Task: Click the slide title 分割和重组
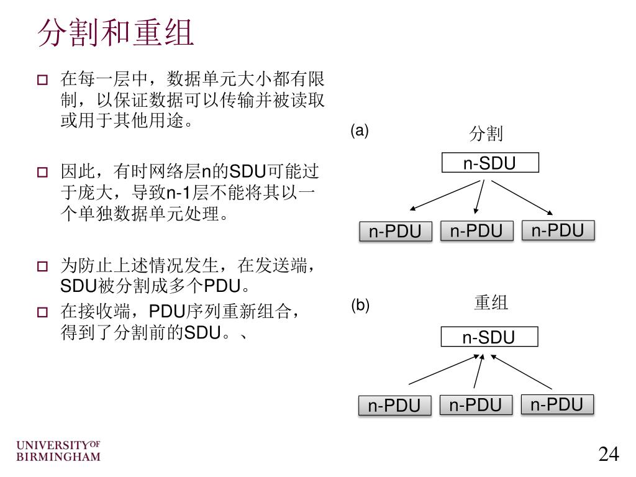coord(116,32)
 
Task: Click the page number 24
coord(609,455)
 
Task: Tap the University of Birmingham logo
coord(58,452)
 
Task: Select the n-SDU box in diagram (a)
coord(490,163)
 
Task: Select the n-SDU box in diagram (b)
coord(489,337)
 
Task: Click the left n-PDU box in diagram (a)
coord(396,232)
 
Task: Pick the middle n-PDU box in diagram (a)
coord(476,231)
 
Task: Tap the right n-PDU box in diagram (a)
coord(558,230)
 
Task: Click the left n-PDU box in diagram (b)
coord(395,406)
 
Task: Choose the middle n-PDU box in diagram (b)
coord(476,405)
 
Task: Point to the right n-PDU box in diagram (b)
coord(557,404)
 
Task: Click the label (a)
coord(360,131)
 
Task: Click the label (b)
coord(360,306)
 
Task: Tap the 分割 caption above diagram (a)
coord(486,133)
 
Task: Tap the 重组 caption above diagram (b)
coord(491,302)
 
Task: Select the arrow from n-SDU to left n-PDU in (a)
coord(445,196)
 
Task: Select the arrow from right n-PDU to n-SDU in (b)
coord(522,372)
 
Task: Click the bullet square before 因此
coord(42,173)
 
